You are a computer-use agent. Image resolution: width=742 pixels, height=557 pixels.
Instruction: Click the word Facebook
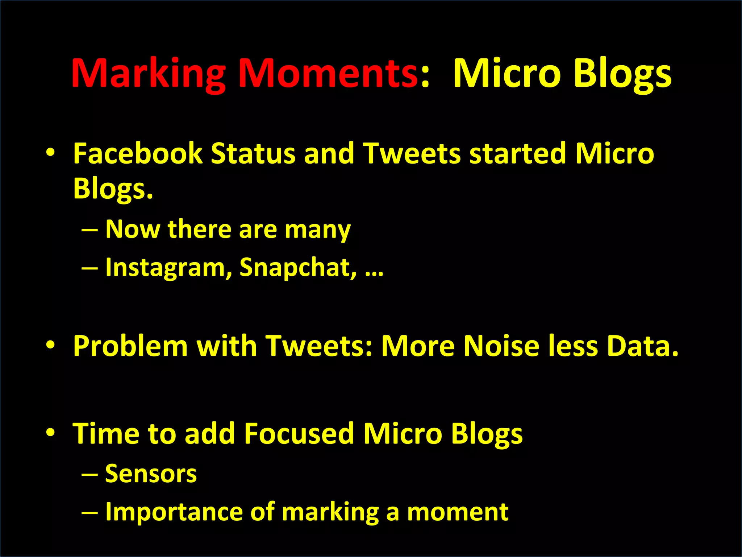tap(137, 153)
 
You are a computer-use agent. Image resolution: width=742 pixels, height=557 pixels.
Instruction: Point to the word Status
tap(253, 153)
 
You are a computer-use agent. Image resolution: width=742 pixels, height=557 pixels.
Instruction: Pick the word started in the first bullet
tap(518, 153)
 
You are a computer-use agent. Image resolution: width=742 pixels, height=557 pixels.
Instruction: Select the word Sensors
tap(151, 474)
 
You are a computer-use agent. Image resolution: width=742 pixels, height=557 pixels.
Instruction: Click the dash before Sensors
tap(89, 474)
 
